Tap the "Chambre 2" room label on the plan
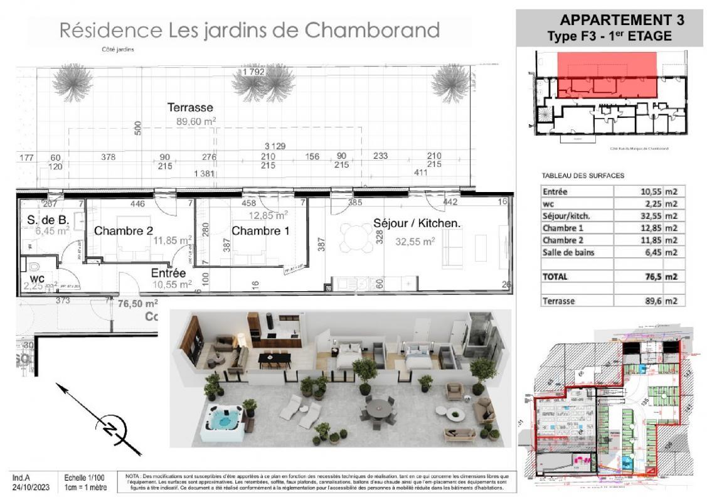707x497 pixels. click(123, 231)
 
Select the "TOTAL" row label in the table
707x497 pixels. click(555, 276)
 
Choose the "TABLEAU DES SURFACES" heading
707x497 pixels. click(582, 176)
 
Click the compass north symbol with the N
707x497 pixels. click(112, 430)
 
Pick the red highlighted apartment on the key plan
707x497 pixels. click(607, 75)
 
